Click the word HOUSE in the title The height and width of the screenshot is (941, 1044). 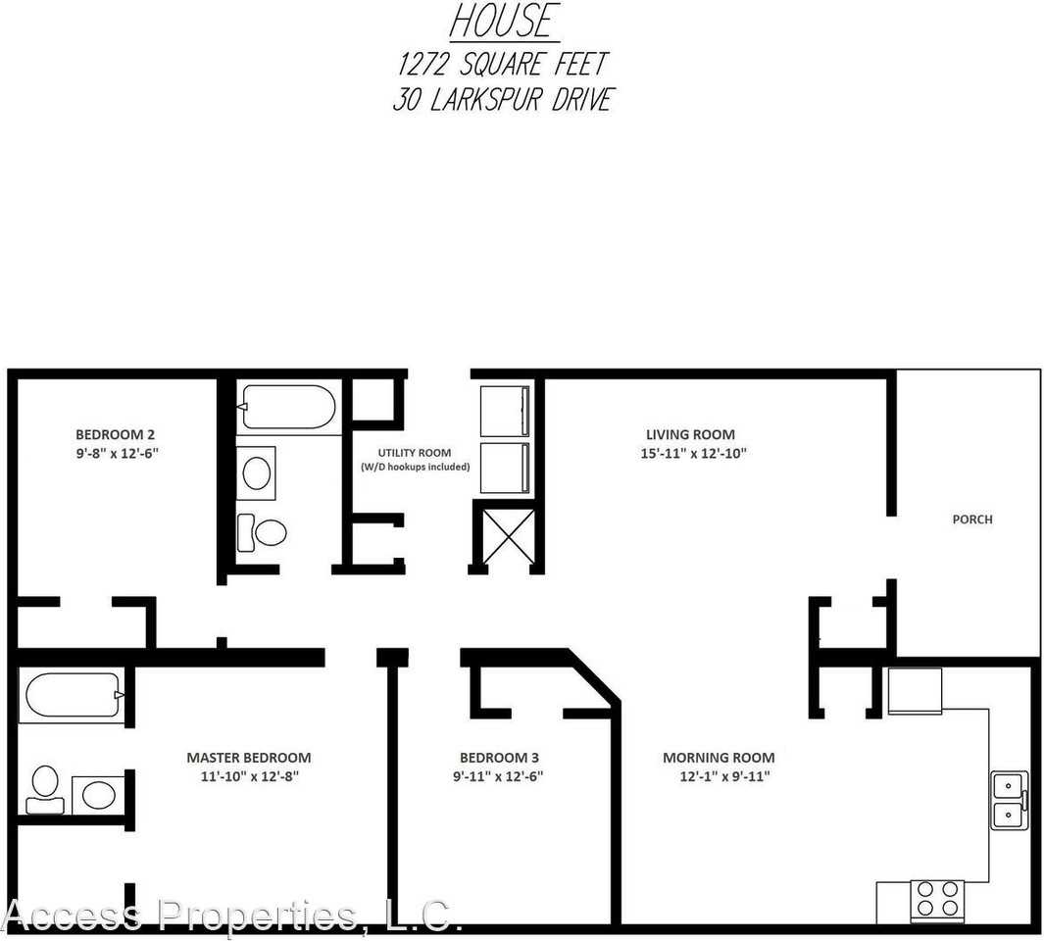pos(504,22)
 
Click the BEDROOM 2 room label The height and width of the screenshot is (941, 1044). pos(115,434)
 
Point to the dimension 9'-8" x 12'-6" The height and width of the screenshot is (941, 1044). pos(117,453)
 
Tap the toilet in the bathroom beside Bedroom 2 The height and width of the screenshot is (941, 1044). pos(263,532)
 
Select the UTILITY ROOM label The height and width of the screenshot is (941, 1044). pos(415,453)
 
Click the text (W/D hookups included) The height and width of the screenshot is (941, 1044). pos(415,467)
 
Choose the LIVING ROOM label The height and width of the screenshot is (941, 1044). pos(689,434)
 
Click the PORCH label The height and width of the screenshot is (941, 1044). pos(971,520)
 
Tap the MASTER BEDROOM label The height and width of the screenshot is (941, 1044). pos(248,758)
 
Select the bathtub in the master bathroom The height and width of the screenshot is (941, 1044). pos(71,696)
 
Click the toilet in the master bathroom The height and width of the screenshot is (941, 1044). pos(44,789)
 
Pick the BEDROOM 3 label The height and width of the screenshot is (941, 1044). pos(499,758)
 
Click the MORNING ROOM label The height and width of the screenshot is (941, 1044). pos(719,758)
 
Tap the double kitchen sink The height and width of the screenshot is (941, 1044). pos(1009,800)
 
